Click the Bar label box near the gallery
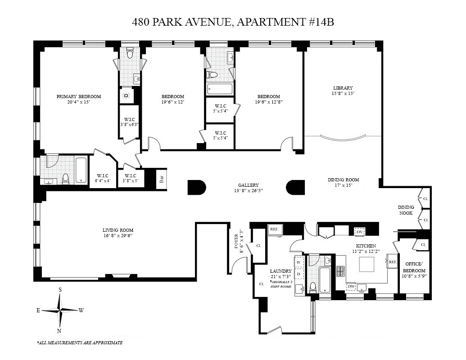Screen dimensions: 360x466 (161, 179)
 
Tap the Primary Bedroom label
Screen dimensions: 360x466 (78, 96)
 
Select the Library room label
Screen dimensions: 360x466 (343, 88)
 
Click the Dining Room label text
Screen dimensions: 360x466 (343, 180)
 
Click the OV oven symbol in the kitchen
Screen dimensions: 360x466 (359, 231)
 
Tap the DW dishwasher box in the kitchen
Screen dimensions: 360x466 (351, 286)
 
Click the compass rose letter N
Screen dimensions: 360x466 (59, 331)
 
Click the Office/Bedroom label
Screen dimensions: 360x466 (413, 267)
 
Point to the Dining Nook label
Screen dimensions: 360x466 (406, 210)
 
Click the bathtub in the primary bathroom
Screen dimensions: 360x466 (81, 170)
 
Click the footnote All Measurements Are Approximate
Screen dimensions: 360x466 (80, 343)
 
